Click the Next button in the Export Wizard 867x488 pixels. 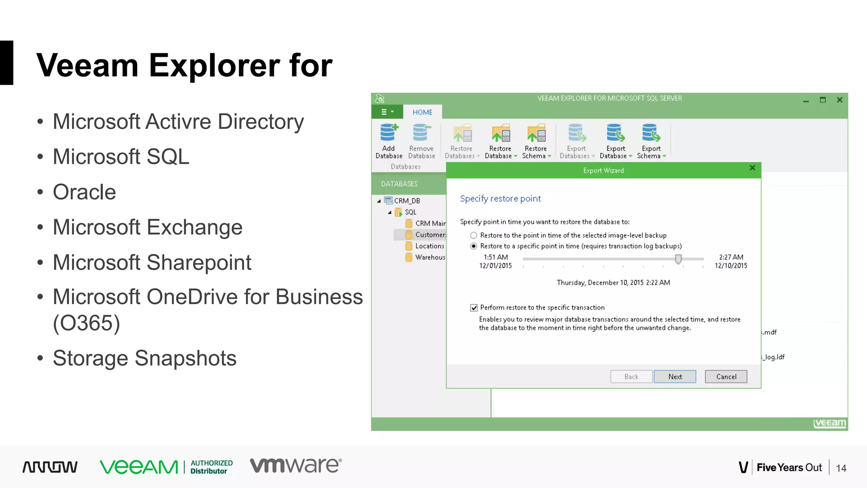tap(675, 377)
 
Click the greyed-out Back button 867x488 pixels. tap(631, 377)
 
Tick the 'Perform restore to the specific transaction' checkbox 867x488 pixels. tap(474, 308)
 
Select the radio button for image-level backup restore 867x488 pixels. tap(474, 236)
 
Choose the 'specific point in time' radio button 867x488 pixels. tap(474, 246)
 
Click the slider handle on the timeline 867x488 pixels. tap(678, 259)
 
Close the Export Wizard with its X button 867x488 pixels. tap(752, 168)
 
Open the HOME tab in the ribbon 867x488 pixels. tap(422, 112)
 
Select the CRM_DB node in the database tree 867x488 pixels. tap(407, 201)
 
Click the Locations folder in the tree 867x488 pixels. tap(429, 246)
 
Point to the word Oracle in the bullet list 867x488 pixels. tap(84, 192)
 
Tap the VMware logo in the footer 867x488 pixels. tap(295, 466)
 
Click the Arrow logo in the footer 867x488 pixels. tap(50, 467)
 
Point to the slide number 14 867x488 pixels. tap(841, 468)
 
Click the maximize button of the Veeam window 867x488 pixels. tap(823, 100)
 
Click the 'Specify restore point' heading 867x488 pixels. tap(500, 199)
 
